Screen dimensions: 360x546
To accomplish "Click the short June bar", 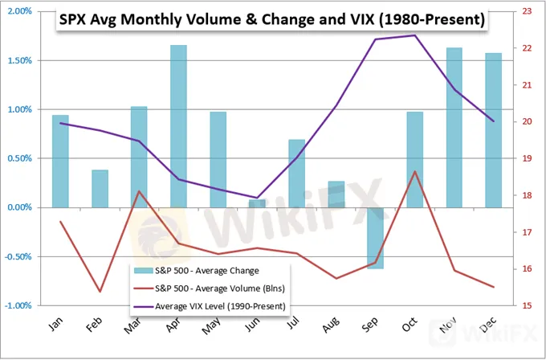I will (x=257, y=203).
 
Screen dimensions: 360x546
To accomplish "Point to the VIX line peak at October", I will (x=414, y=35).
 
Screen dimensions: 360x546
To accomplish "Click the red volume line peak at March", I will (x=139, y=191).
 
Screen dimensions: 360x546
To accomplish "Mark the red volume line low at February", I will (x=100, y=291).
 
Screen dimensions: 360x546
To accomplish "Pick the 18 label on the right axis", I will (x=525, y=195).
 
